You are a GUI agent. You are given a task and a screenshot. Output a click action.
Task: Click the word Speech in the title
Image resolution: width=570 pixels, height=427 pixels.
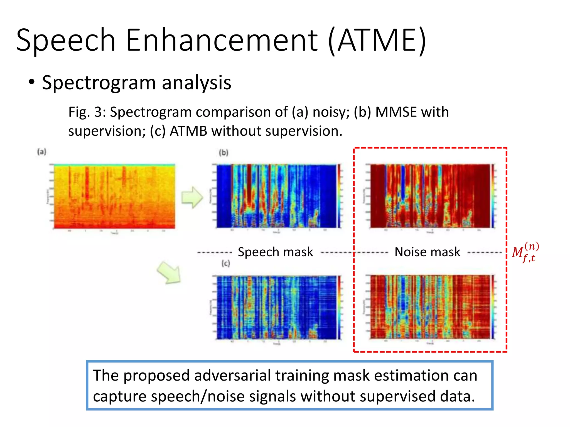coord(66,40)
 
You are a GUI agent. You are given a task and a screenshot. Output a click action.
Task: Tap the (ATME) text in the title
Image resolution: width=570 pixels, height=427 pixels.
coord(377,40)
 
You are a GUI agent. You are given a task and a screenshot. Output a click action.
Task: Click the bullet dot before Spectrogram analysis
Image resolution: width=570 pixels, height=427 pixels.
coord(32,82)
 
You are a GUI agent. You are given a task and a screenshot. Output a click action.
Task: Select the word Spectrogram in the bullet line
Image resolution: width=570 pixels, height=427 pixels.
coord(99,83)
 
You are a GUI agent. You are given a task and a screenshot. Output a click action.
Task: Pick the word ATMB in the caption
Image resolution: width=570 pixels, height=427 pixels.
coord(188,131)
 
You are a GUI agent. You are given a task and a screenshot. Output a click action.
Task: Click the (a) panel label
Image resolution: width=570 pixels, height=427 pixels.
coord(42,152)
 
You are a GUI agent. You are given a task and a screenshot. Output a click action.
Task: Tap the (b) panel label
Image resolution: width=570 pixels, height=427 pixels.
coord(223,153)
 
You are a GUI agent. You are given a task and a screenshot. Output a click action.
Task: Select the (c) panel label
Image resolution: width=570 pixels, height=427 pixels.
coord(226,263)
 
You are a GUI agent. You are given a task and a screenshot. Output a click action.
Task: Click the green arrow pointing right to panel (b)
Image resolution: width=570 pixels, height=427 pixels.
coord(192,197)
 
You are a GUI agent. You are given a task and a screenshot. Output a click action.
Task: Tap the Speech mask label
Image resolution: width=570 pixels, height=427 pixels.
coord(275,252)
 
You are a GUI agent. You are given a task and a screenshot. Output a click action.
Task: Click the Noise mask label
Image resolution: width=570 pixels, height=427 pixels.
coord(427,252)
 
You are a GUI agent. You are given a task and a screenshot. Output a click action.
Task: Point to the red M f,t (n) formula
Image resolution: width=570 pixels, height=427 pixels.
coord(525,252)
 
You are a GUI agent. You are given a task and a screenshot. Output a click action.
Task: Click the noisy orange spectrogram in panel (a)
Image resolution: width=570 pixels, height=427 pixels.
coord(114,196)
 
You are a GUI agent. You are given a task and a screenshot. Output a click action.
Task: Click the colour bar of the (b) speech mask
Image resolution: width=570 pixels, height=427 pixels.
coord(339,196)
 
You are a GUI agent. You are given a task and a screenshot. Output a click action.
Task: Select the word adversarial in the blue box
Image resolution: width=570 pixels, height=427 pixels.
coord(232,376)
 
